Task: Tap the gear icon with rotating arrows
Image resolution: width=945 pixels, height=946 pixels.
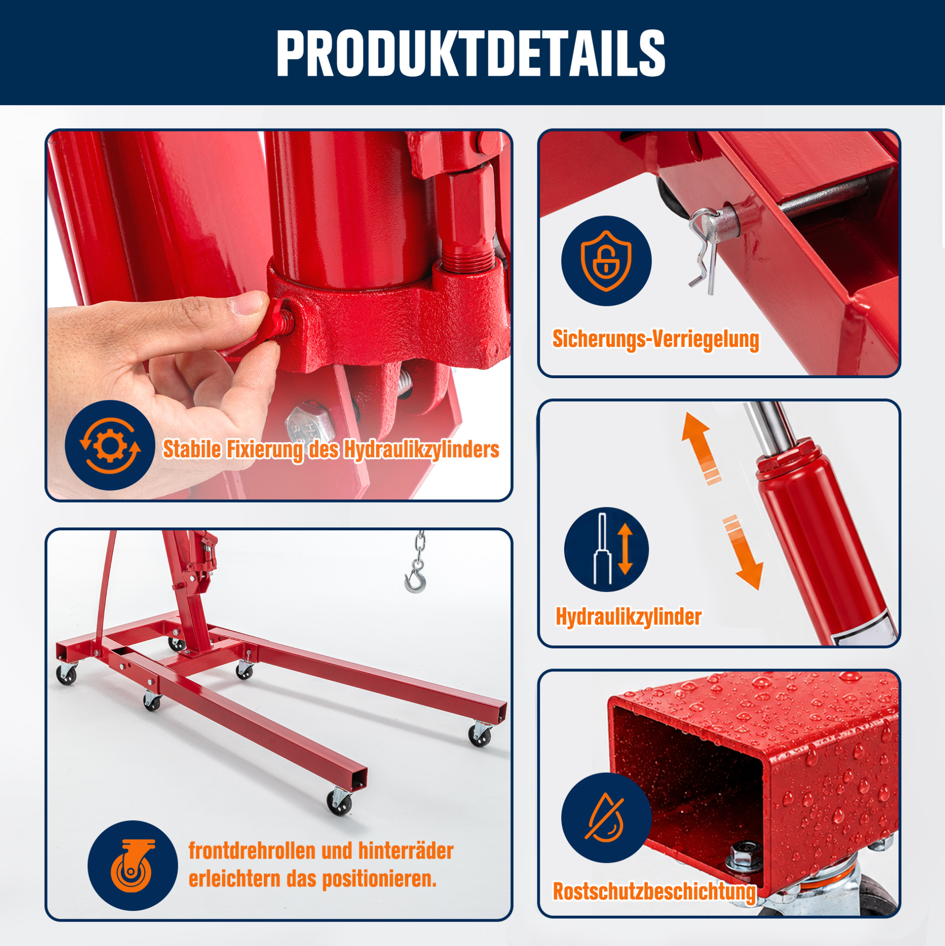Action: pos(110,445)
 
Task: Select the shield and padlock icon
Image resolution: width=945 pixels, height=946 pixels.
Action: pos(606,261)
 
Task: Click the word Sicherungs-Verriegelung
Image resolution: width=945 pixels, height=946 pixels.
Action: pos(656,339)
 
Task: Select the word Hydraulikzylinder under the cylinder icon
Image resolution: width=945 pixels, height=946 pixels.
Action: pos(628,616)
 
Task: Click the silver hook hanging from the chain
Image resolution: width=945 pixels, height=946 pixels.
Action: pos(415,580)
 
